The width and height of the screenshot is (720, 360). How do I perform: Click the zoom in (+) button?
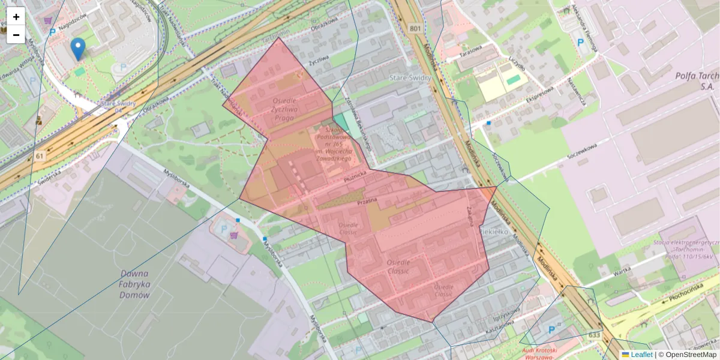16,17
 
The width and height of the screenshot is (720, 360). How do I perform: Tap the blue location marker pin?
77,49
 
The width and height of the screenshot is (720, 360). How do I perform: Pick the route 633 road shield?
594,335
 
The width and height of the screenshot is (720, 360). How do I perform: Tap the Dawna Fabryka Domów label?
134,284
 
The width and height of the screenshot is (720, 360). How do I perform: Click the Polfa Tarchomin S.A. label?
696,81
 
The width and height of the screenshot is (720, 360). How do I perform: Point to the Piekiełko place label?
494,230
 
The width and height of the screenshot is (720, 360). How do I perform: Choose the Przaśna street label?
366,202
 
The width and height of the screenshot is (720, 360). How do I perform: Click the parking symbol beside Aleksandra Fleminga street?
580,42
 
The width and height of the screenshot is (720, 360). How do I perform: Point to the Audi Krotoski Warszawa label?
539,352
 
